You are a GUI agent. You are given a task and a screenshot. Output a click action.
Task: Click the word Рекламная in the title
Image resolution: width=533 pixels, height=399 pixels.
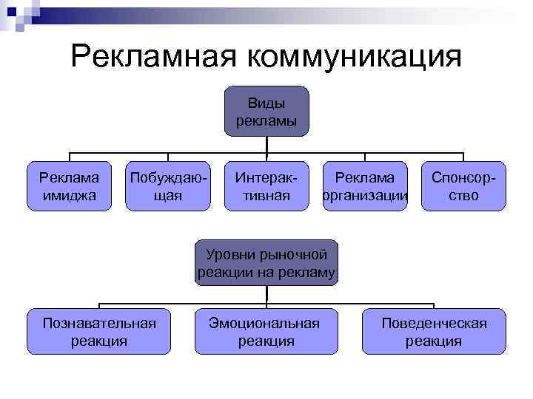click(x=156, y=56)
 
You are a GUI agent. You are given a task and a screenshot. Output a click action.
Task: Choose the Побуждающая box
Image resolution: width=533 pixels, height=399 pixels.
click(x=168, y=186)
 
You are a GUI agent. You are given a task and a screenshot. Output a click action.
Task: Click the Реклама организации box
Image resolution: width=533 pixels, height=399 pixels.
click(x=365, y=186)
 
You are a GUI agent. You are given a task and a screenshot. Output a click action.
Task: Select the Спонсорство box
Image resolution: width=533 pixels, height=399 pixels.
click(x=463, y=186)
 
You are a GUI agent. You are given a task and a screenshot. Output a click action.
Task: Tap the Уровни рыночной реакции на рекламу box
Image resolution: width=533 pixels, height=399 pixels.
click(x=266, y=264)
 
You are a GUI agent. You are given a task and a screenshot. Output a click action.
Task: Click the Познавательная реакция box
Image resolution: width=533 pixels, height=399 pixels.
click(x=99, y=332)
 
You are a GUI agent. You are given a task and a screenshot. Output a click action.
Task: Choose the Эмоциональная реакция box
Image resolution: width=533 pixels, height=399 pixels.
click(x=266, y=332)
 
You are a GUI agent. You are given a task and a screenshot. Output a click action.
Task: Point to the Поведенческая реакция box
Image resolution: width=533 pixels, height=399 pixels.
click(x=434, y=332)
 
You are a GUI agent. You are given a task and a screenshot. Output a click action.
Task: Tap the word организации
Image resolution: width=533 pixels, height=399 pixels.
click(x=365, y=196)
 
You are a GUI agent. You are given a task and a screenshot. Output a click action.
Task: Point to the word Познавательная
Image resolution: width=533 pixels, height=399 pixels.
click(x=99, y=323)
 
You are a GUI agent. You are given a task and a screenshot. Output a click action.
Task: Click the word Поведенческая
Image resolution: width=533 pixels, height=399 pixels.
click(x=434, y=323)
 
